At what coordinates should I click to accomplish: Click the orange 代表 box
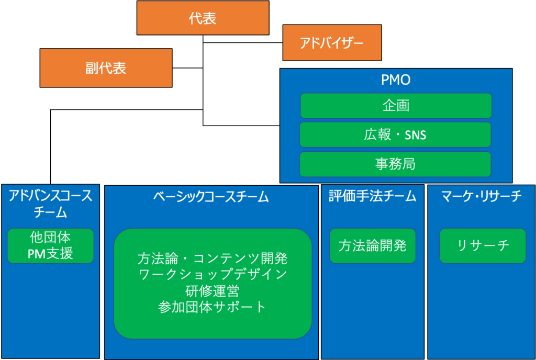tap(203, 18)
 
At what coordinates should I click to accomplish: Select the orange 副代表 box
tap(106, 68)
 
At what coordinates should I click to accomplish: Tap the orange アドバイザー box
tap(332, 43)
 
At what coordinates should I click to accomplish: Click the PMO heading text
tap(396, 80)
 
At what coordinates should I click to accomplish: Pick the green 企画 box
tap(396, 106)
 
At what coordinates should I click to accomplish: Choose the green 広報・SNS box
tap(396, 134)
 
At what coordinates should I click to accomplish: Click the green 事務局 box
tap(396, 164)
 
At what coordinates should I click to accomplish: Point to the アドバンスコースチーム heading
tap(51, 204)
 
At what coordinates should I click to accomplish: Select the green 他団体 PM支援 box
tap(51, 245)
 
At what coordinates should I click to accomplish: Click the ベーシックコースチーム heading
tap(211, 197)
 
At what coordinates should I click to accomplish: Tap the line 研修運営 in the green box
tap(213, 291)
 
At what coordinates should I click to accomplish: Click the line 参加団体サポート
tap(212, 307)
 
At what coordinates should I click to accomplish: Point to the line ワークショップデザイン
tap(213, 275)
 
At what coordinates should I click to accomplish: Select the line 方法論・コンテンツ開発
tap(213, 258)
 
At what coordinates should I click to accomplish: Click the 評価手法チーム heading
tap(372, 196)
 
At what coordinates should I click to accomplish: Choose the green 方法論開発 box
tap(373, 245)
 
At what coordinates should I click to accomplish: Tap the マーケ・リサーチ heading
tap(482, 196)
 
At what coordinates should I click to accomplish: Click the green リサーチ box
tap(483, 245)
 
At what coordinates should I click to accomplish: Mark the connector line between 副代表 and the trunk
tap(188, 68)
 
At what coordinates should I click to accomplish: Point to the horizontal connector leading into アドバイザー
tap(243, 43)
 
